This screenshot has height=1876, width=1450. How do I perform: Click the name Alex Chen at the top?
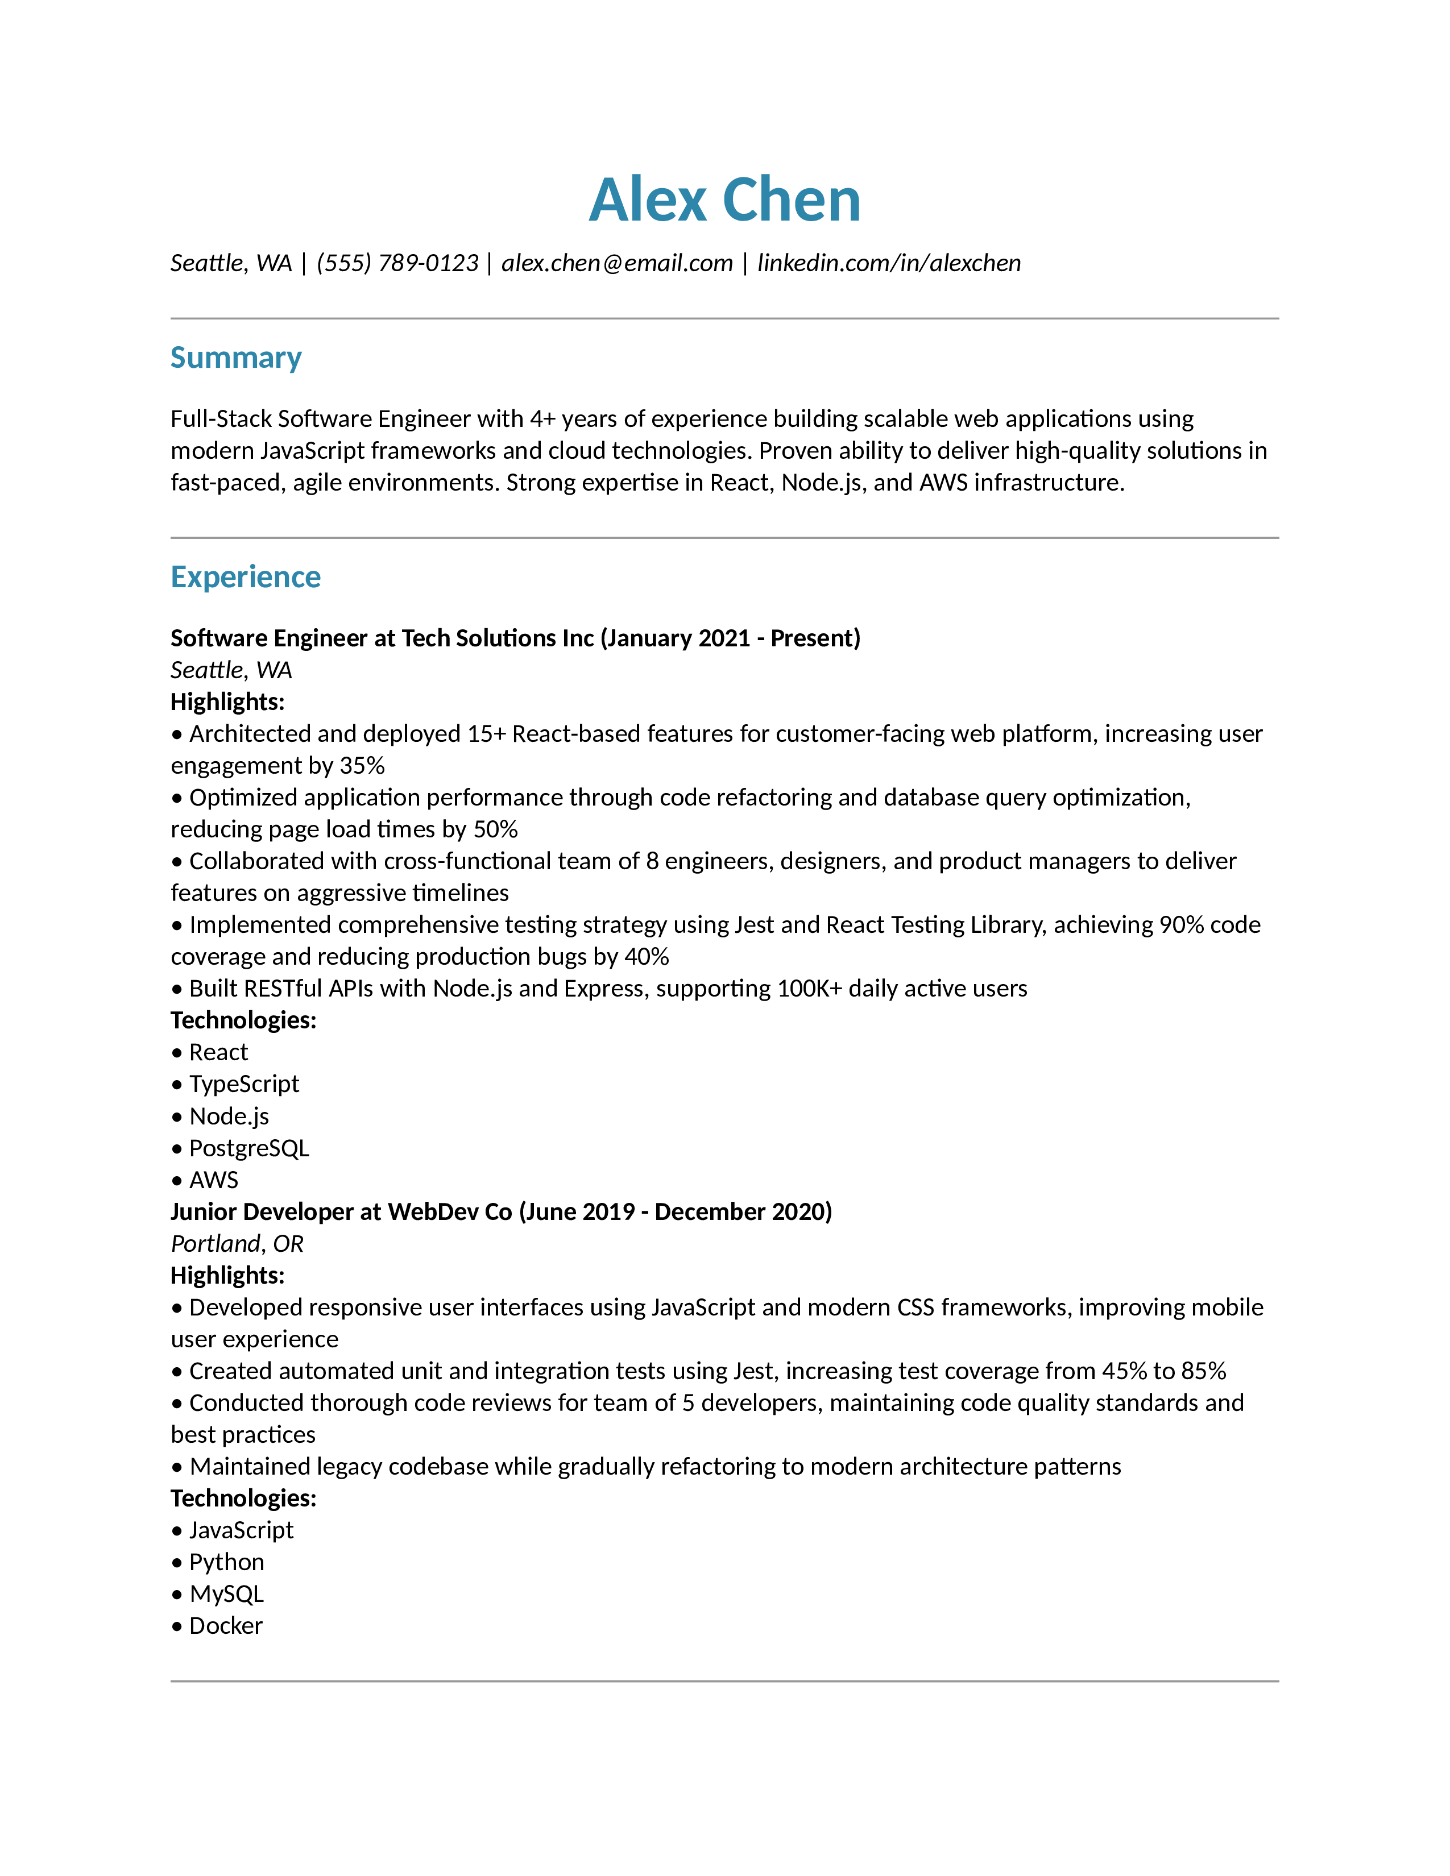(x=724, y=200)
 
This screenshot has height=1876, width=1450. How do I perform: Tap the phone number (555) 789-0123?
(x=397, y=263)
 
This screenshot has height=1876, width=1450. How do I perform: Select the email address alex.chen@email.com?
(x=617, y=263)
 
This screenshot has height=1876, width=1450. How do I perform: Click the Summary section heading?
(x=235, y=358)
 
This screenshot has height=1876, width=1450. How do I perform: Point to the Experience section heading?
(x=245, y=577)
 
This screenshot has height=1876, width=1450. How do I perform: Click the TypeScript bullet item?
(x=244, y=1084)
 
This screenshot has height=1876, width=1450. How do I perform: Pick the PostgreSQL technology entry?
(x=248, y=1148)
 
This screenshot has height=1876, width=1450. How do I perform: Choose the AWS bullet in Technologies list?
(x=213, y=1180)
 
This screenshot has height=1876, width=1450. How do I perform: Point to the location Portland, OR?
(x=237, y=1244)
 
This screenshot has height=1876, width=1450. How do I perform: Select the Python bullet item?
(x=226, y=1562)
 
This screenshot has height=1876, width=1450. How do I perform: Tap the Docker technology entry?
(x=225, y=1625)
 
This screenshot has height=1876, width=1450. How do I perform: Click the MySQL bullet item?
(x=226, y=1593)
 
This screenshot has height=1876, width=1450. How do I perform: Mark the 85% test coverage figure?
(x=1203, y=1371)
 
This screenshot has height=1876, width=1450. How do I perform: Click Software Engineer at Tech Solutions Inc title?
(x=515, y=638)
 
